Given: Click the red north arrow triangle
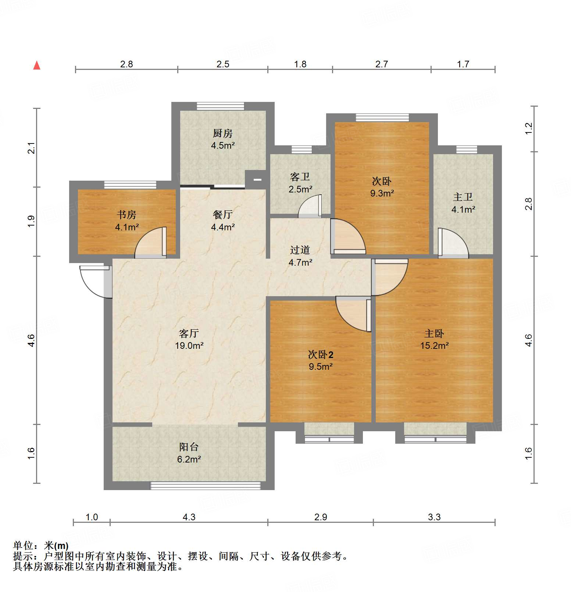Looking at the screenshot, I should point(37,65).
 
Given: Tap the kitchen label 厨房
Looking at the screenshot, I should point(223,133).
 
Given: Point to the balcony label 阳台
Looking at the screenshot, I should point(189,447).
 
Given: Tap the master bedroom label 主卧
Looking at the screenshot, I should point(434,334).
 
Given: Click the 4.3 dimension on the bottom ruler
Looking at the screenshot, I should point(189,517).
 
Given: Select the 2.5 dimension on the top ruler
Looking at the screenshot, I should point(223,64).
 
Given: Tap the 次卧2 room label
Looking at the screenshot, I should point(321,355).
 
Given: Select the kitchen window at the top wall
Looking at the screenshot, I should point(220,106).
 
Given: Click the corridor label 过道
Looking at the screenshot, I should point(300,250).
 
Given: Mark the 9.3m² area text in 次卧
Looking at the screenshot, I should point(382,193).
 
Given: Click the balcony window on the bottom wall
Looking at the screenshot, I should point(206,486).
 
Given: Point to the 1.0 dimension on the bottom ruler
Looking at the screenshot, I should point(92,517).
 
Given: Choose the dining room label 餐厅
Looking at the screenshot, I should point(223,215).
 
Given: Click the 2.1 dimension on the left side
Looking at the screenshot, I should point(32,148).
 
